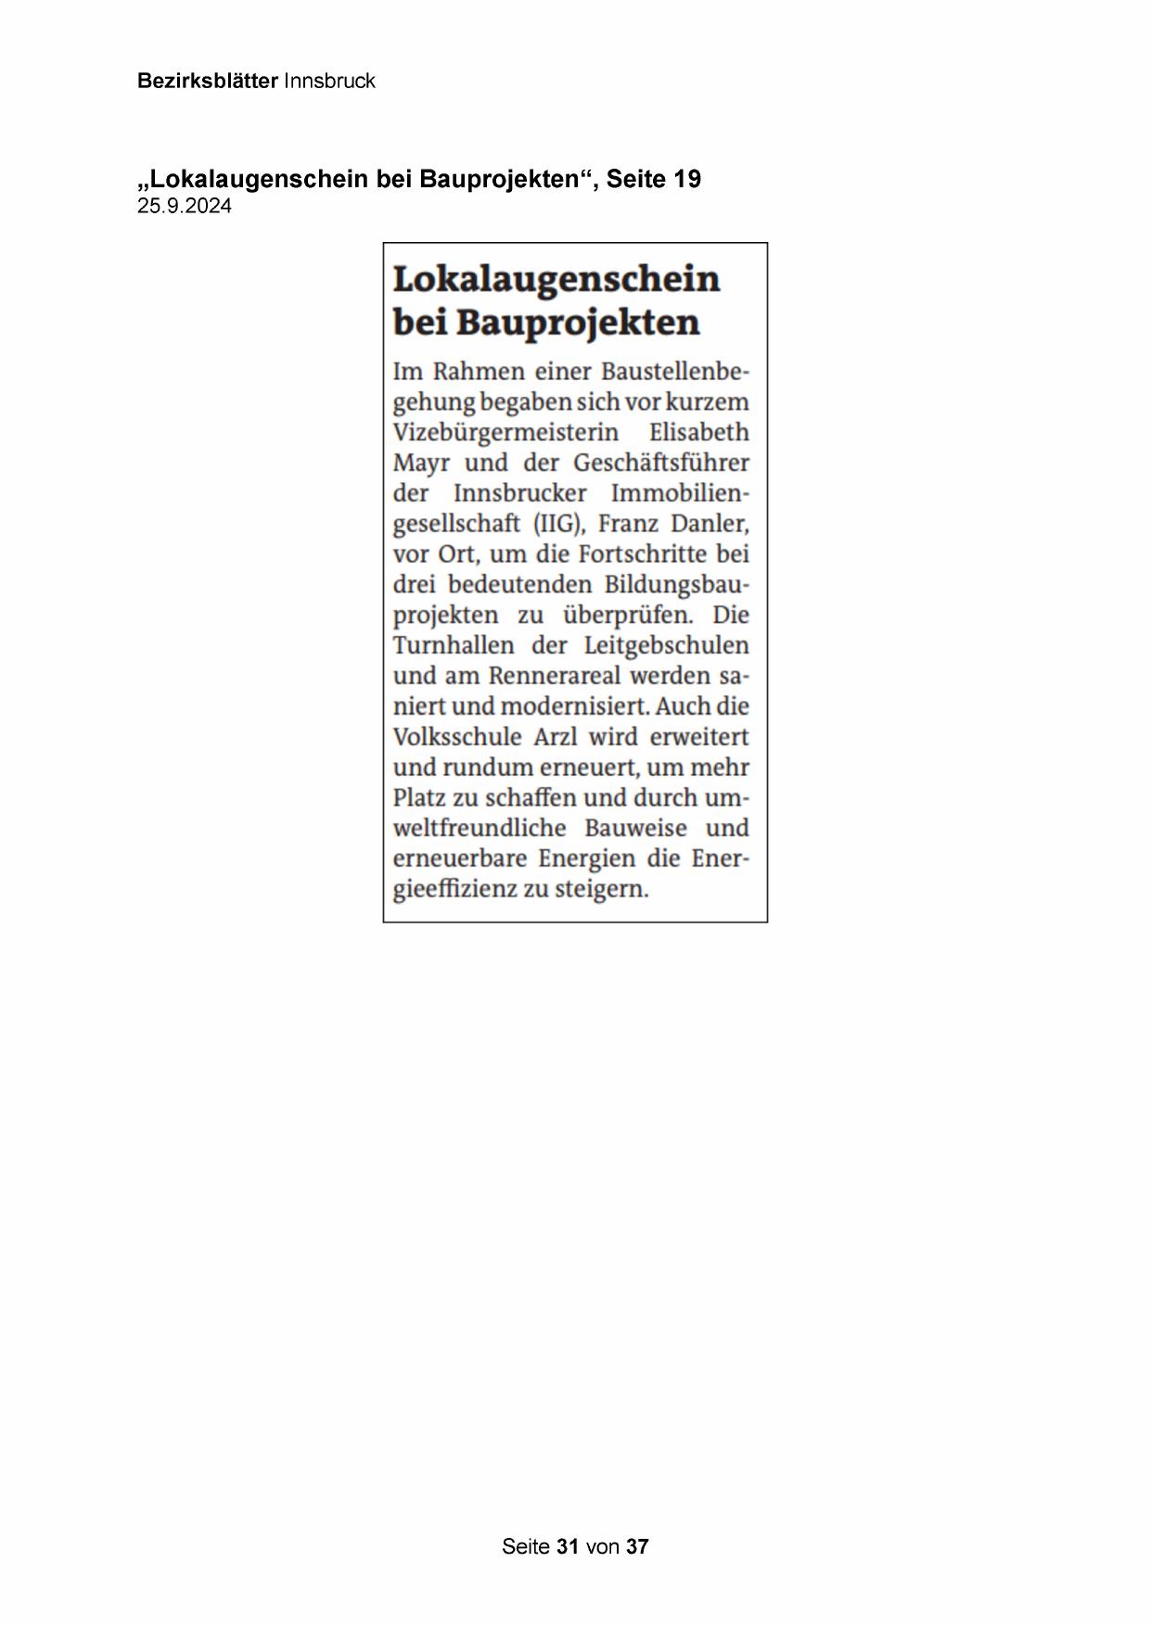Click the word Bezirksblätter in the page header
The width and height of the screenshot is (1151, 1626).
pos(207,81)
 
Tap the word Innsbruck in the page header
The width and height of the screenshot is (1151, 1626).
pos(329,81)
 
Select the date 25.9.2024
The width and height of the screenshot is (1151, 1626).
pos(185,207)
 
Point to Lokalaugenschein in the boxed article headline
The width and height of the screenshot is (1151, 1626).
pos(556,279)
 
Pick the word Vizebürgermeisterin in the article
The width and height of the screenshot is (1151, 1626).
pos(505,433)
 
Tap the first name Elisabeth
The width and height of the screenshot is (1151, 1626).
pos(699,433)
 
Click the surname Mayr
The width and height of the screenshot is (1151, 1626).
pos(421,464)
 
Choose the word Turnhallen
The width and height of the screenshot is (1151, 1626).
pos(454,645)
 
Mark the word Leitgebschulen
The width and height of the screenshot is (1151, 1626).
pos(666,645)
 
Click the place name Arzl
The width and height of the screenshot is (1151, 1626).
pos(558,737)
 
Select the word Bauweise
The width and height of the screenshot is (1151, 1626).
pos(636,828)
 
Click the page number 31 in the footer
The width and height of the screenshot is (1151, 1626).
pos(568,1546)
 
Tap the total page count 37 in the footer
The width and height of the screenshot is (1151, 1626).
pos(637,1546)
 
